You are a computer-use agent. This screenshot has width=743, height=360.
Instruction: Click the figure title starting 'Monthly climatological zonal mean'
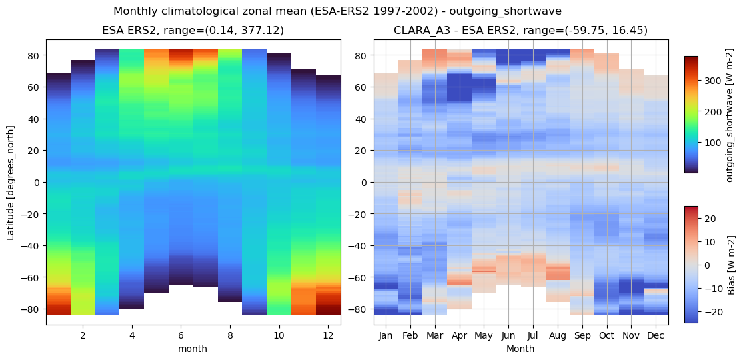(337, 11)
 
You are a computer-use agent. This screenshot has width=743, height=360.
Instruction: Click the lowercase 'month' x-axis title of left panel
(193, 349)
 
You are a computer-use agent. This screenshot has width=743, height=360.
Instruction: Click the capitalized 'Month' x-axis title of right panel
(520, 349)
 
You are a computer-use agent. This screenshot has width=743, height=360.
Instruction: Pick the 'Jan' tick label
(386, 335)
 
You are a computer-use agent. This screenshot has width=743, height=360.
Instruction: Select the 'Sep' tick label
(582, 335)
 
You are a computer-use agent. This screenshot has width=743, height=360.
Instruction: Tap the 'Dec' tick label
(656, 335)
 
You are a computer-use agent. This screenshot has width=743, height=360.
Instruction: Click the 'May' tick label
(484, 335)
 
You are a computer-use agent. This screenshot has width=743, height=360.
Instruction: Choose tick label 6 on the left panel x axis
(181, 335)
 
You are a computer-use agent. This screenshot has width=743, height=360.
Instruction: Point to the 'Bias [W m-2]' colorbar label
(731, 265)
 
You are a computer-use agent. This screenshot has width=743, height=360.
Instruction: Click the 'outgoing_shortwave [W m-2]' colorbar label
(731, 115)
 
